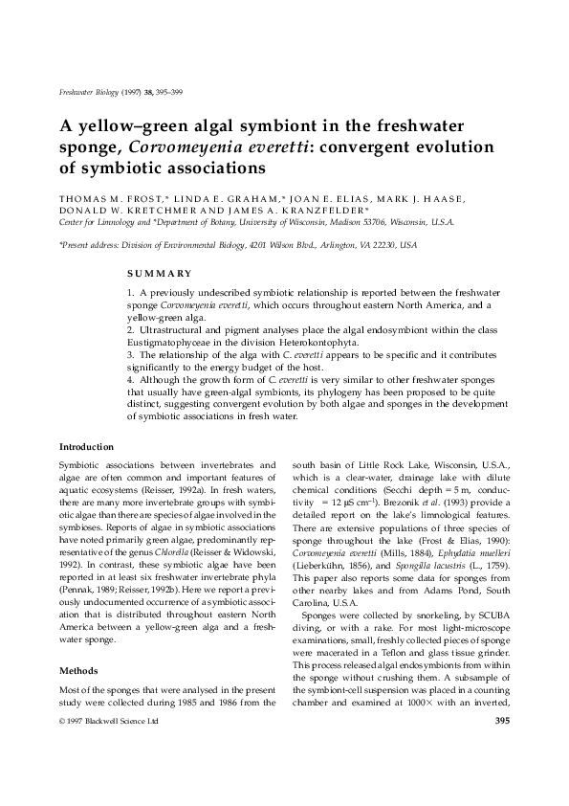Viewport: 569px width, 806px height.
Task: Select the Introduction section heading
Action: pyautogui.click(x=86, y=446)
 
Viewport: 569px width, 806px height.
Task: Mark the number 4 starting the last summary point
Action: pyautogui.click(x=130, y=379)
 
